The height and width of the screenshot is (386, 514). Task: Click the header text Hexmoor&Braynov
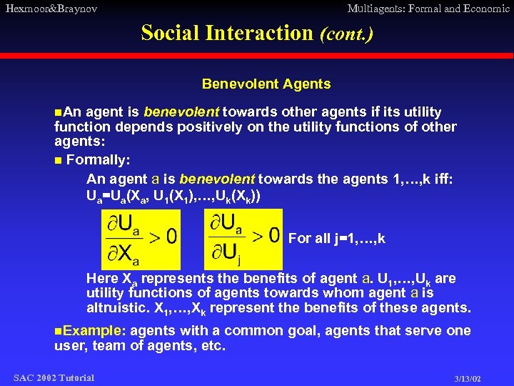coord(51,9)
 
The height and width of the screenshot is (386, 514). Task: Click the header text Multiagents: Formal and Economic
coord(428,9)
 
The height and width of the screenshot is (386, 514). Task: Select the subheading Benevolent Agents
coord(266,84)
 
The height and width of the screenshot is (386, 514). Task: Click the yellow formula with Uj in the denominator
coord(243,239)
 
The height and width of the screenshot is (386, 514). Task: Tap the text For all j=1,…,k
coord(336,239)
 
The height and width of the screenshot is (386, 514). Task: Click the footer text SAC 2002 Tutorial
coord(54,377)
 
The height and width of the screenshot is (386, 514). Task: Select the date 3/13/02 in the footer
coord(468,378)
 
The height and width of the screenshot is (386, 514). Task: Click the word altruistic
coord(117,309)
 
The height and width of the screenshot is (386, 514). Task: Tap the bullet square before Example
coord(58,331)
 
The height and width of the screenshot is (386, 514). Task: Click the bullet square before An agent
coord(58,112)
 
